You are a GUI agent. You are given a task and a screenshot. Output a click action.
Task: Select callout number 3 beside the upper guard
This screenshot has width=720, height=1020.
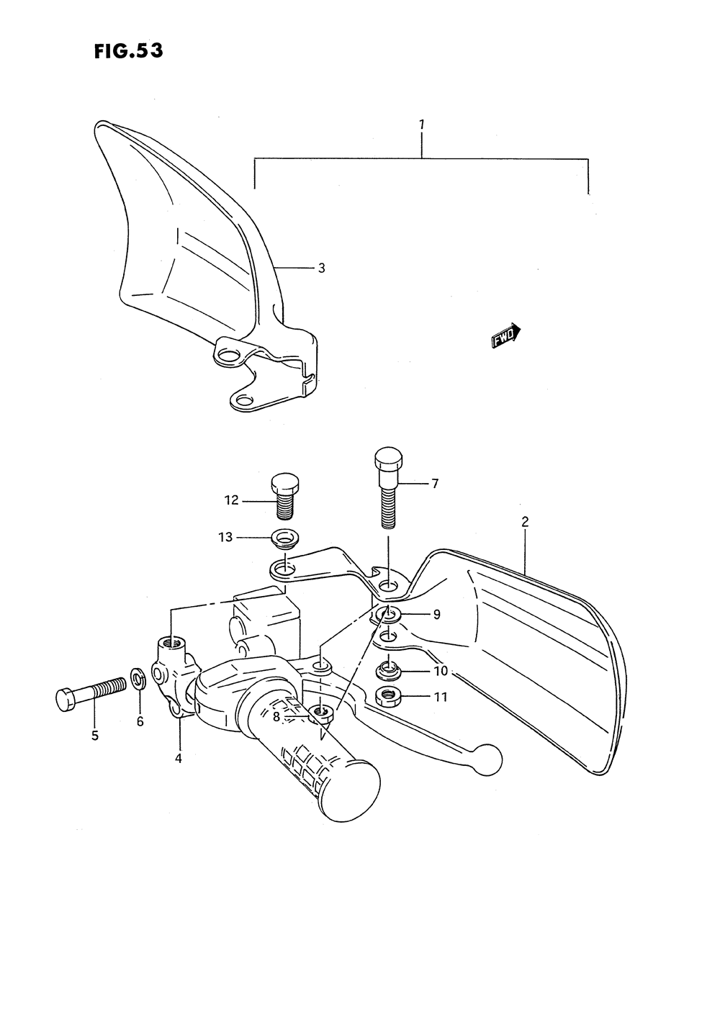(322, 268)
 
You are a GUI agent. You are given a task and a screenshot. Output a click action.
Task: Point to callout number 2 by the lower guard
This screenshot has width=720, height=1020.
(525, 523)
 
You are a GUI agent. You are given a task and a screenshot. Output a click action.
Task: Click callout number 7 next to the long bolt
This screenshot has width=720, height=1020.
(435, 484)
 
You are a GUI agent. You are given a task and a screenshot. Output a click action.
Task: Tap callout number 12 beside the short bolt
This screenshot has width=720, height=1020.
(231, 500)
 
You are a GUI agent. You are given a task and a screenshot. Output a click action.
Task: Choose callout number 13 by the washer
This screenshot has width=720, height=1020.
(226, 537)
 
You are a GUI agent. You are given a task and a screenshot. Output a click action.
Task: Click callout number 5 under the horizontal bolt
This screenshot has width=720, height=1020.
(95, 736)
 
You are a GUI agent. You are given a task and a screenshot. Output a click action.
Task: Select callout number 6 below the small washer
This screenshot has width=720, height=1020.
(140, 721)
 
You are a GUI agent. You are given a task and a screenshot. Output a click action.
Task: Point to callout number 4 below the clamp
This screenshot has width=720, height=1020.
(178, 757)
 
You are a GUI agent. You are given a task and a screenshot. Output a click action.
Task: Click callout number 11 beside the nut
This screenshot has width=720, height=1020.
(441, 697)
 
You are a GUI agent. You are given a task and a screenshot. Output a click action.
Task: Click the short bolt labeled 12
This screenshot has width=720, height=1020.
(286, 496)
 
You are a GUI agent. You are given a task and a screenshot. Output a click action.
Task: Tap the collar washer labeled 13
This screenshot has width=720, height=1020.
(285, 538)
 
